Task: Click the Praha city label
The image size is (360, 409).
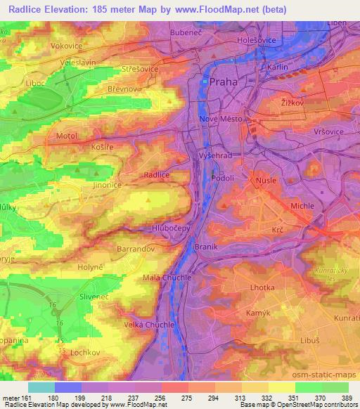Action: (x=224, y=82)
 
